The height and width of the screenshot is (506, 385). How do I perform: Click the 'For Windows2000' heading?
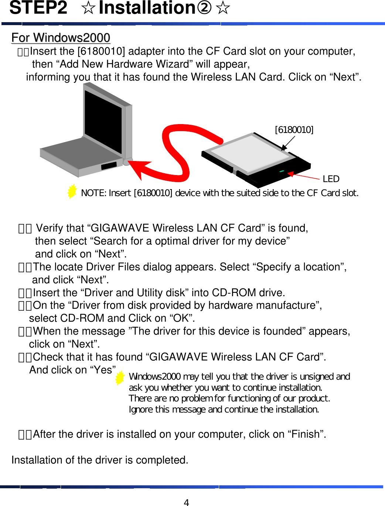(61, 38)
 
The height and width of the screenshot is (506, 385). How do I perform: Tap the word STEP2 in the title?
(38, 8)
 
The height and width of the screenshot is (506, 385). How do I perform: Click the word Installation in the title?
(147, 8)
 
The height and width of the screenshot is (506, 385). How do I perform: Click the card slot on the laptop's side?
(109, 165)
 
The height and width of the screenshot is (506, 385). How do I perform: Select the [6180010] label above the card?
(294, 130)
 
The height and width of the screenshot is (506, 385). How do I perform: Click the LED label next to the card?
(331, 179)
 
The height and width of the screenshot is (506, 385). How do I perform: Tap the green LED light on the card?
(282, 171)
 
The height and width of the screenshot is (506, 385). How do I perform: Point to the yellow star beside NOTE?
(72, 191)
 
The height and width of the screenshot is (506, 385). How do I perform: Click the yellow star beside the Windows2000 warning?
(120, 378)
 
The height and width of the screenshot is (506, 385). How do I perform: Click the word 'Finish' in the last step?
(305, 434)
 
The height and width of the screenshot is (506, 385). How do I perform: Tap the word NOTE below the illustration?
(93, 193)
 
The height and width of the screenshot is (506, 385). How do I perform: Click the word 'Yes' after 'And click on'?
(103, 370)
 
